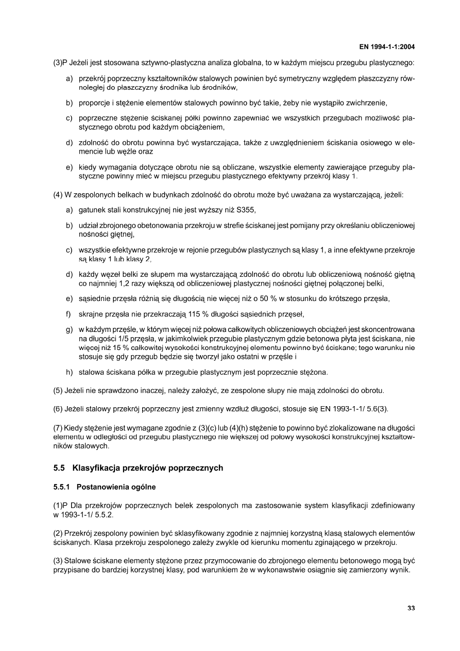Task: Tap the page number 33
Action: coord(411,608)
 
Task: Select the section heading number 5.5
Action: coord(59,468)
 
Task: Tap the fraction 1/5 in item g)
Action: coord(122,338)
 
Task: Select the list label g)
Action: coord(69,329)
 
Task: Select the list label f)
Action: coord(68,313)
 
